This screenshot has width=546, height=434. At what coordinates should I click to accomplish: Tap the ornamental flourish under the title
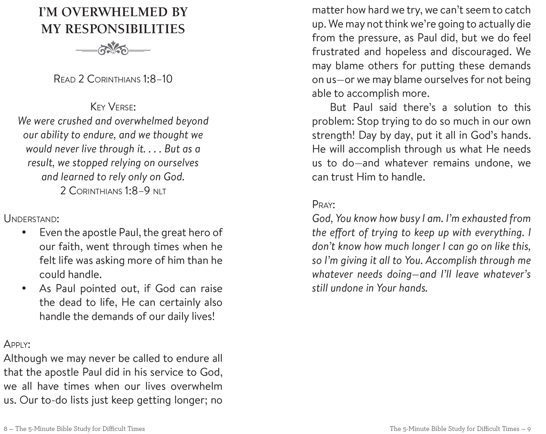[113, 49]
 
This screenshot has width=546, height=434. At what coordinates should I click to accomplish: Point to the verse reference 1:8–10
[158, 79]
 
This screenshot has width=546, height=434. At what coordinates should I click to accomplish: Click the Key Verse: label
[113, 107]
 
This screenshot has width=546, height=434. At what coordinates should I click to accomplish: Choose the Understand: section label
[31, 219]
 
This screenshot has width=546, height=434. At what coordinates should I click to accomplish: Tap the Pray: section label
[324, 205]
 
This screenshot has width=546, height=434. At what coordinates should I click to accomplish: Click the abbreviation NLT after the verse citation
[159, 192]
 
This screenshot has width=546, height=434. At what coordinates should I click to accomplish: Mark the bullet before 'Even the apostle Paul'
[24, 233]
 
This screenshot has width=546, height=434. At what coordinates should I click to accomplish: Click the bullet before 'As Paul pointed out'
[24, 289]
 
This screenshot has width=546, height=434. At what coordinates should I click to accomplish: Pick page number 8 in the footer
[6, 429]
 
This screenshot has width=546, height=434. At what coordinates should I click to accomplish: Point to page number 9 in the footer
[529, 429]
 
